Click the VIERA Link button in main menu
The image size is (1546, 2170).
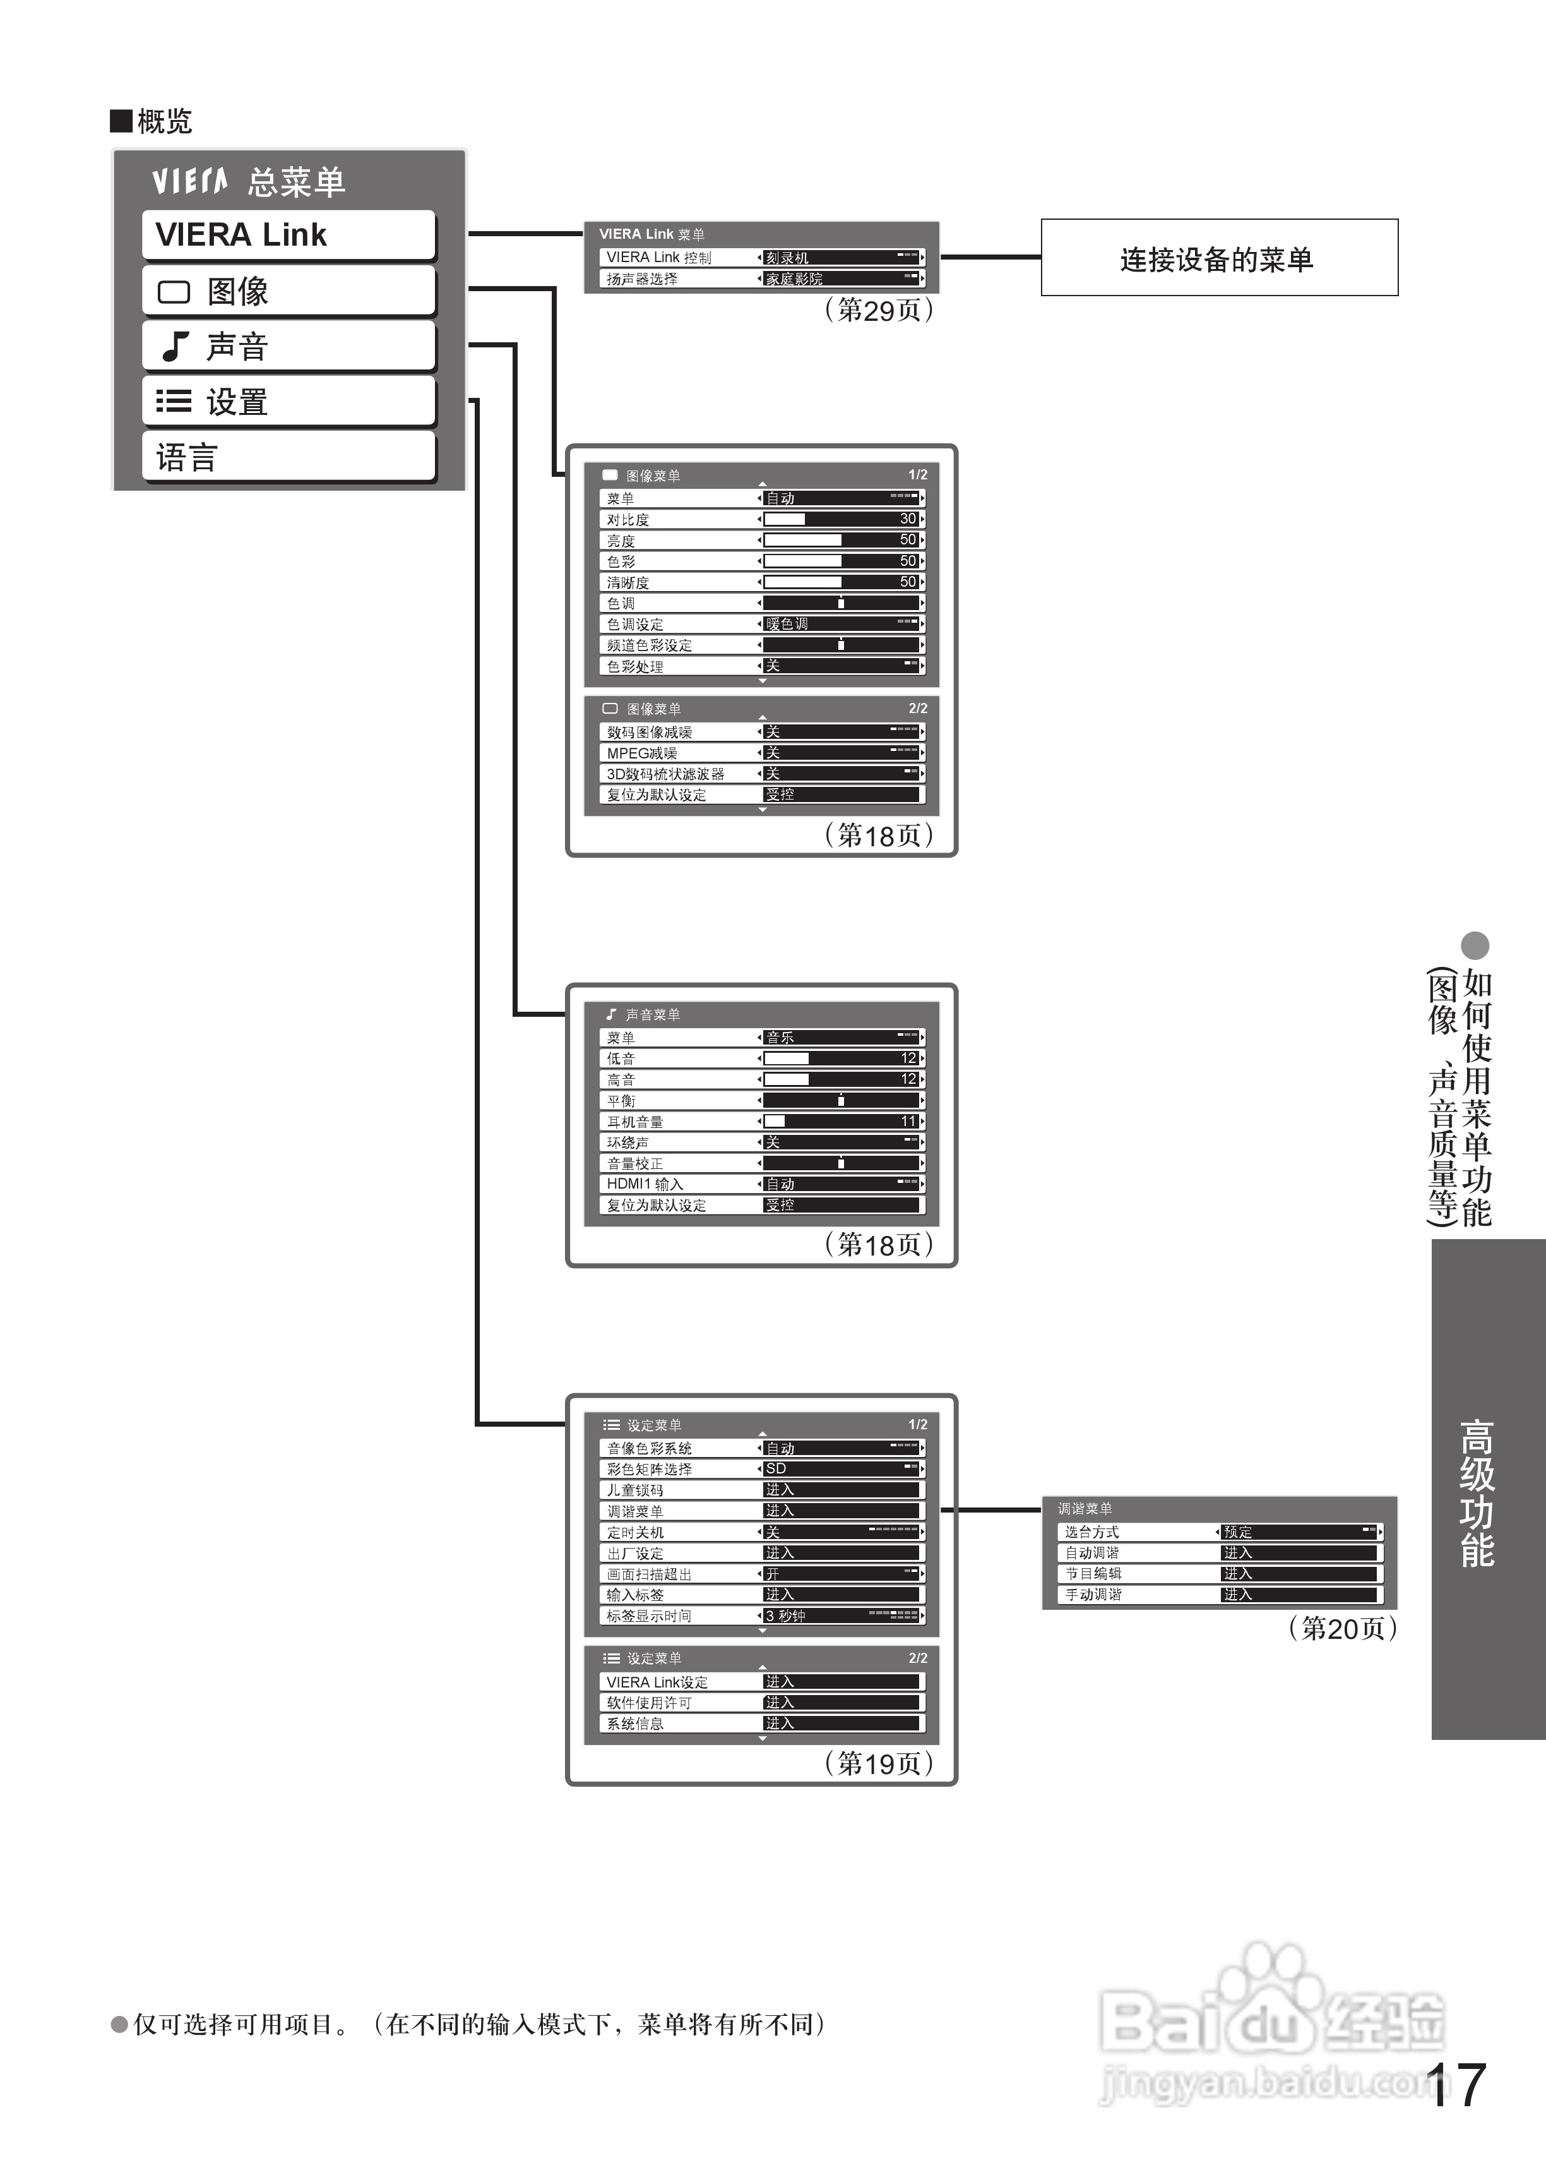coord(288,234)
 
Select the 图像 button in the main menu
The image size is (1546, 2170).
coord(288,291)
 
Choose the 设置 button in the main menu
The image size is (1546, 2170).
coord(288,402)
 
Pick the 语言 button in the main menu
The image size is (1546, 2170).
coord(288,457)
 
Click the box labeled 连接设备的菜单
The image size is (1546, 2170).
coord(1218,258)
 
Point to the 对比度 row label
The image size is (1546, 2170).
coord(629,520)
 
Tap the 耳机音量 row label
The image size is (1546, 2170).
coord(635,1122)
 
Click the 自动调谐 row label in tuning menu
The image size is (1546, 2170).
coord(1092,1553)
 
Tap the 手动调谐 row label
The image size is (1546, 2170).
coord(1092,1595)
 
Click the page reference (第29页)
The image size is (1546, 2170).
coord(879,311)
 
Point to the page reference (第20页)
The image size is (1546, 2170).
coord(1342,1628)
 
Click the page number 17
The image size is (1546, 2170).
coord(1456,2085)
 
